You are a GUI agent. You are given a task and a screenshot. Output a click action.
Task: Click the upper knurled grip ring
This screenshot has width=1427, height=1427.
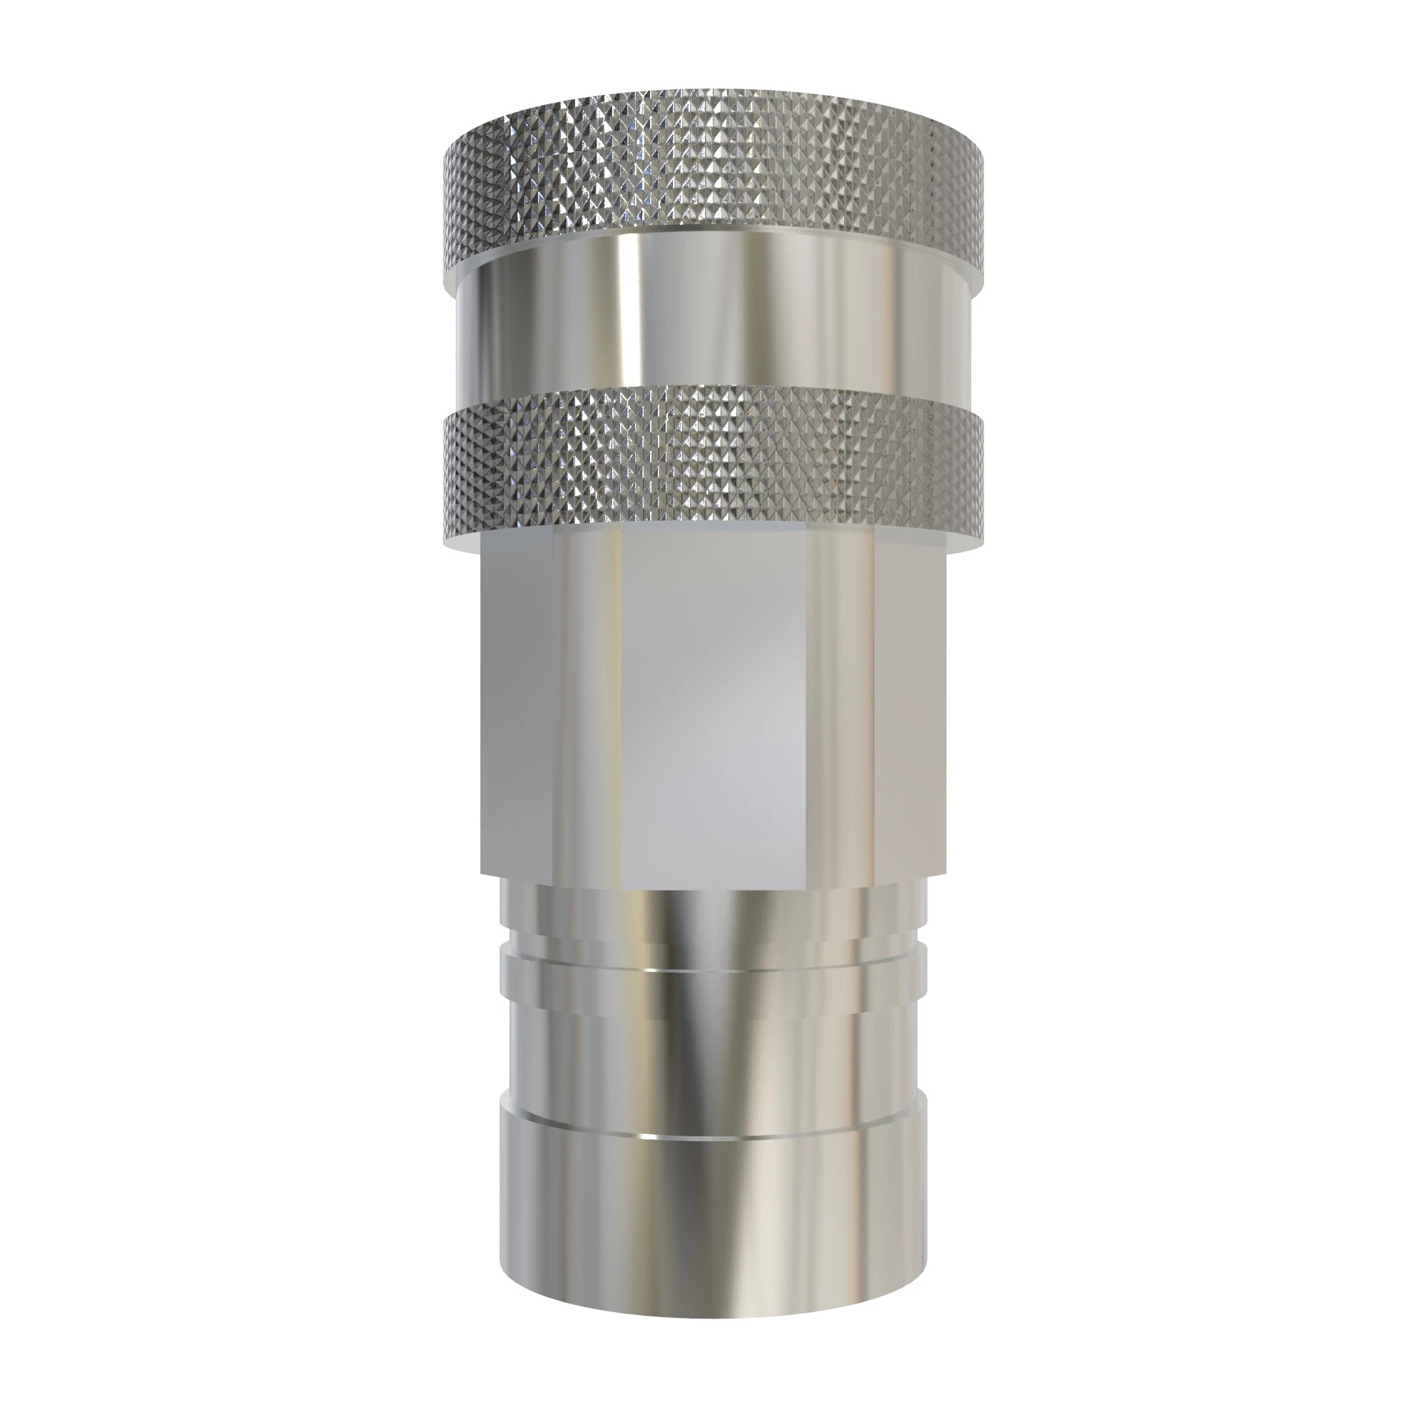coord(713,177)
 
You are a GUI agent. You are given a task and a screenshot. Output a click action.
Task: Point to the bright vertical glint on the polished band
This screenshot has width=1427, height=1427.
coord(628,318)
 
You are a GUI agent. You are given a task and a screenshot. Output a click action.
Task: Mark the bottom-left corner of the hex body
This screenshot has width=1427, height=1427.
coord(482,874)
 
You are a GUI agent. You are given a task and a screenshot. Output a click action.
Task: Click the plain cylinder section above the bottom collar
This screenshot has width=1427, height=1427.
coord(713,1056)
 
